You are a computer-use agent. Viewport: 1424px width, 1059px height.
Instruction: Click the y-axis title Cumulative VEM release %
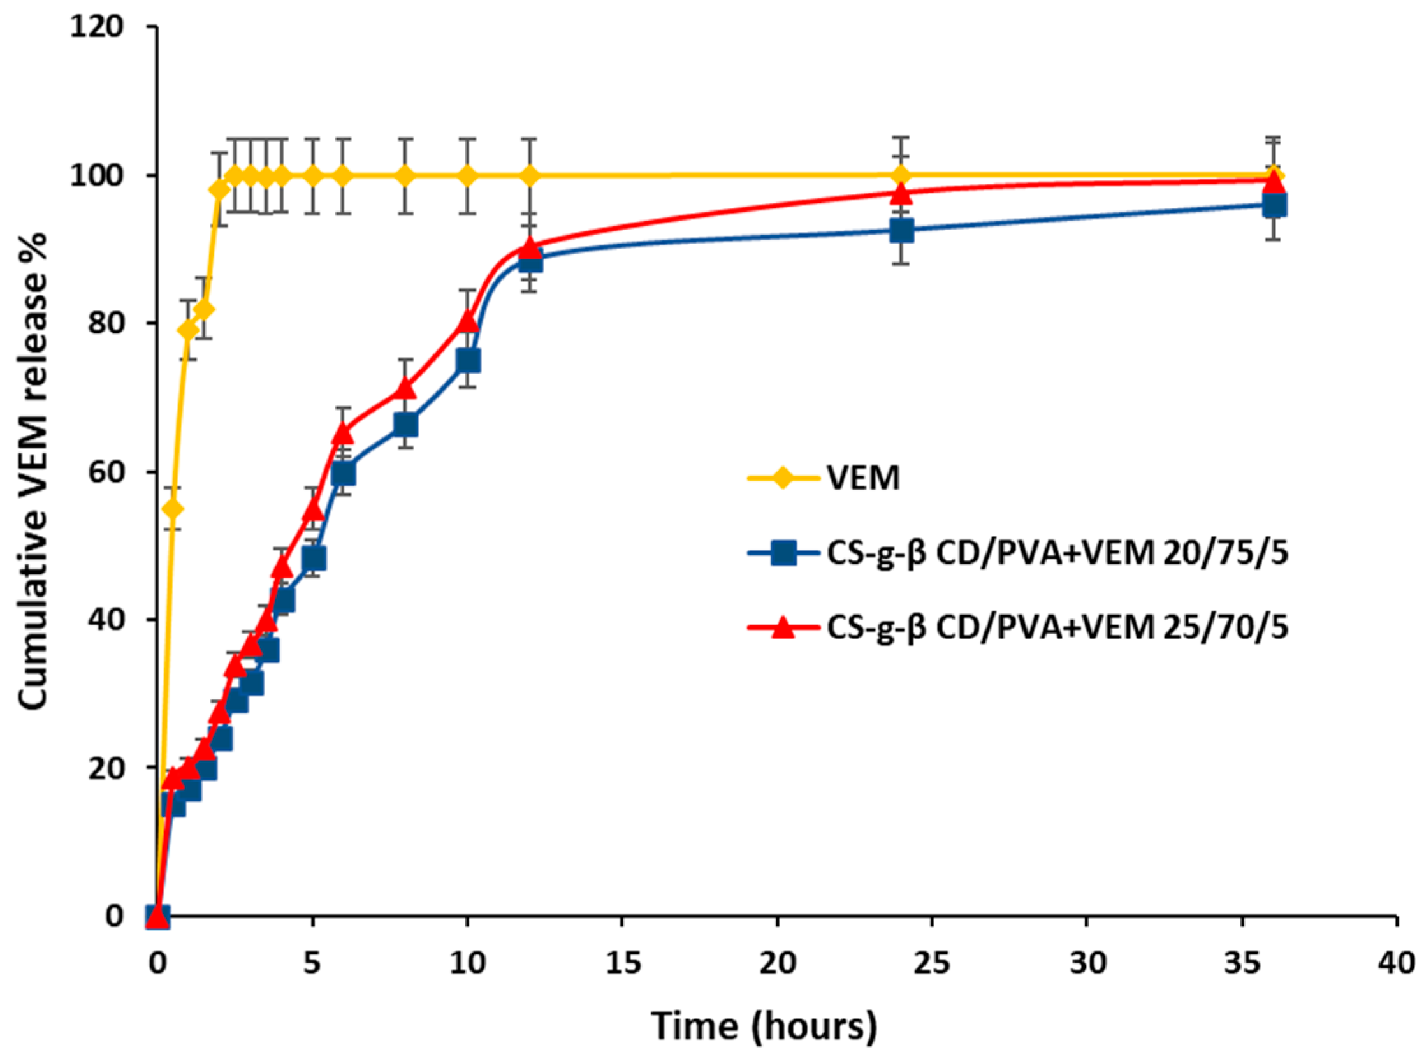tap(33, 471)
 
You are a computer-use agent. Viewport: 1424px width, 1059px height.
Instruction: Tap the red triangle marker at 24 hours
tap(901, 193)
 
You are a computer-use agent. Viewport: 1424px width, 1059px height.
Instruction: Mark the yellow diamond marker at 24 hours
tap(901, 175)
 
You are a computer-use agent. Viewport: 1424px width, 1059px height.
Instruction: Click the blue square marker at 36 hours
tap(1274, 206)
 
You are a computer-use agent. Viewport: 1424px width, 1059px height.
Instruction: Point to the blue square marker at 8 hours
tap(405, 425)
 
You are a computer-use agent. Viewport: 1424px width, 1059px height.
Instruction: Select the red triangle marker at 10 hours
tap(468, 321)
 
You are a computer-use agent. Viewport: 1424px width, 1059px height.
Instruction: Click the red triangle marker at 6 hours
tap(343, 433)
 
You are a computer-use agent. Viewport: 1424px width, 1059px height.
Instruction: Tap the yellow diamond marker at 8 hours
tap(405, 175)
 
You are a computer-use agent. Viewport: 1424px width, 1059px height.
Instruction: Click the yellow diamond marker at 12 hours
tap(529, 175)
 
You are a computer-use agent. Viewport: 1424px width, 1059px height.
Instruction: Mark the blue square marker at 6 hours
tap(343, 474)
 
